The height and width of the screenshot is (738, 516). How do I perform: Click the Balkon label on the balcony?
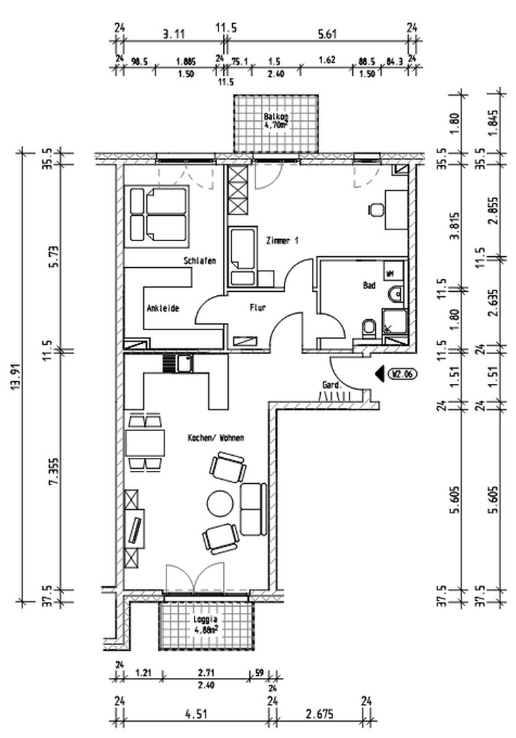tap(276, 117)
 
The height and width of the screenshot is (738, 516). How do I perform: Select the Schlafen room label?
tap(200, 261)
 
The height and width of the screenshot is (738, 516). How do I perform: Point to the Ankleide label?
tap(162, 309)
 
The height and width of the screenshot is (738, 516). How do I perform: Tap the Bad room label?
tap(369, 287)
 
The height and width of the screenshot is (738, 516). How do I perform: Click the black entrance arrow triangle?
tap(379, 374)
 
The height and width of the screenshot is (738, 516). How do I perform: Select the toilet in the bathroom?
tap(368, 329)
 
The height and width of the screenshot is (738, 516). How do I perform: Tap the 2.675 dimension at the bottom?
tap(319, 718)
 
